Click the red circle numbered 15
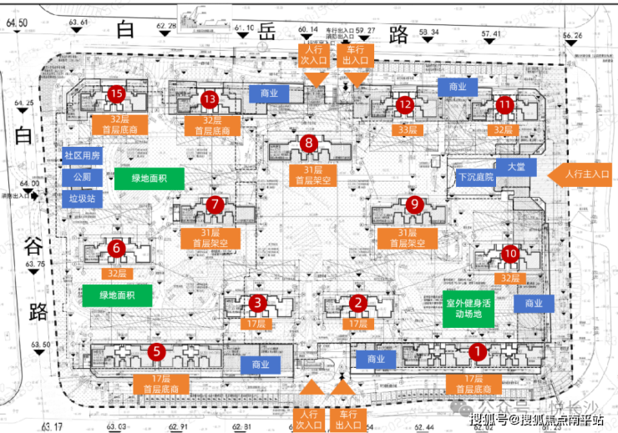tap(116, 93)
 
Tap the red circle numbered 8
tap(309, 143)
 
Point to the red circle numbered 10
tap(511, 254)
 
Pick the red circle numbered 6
tap(116, 247)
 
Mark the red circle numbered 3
tap(258, 302)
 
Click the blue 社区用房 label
tap(82, 155)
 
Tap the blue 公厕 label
tap(82, 177)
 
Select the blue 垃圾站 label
tap(82, 199)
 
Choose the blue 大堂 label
tap(510, 166)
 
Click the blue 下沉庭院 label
tap(476, 178)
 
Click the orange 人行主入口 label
tap(581, 174)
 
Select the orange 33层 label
tap(407, 129)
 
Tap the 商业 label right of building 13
tap(269, 93)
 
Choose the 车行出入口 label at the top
tap(354, 57)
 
